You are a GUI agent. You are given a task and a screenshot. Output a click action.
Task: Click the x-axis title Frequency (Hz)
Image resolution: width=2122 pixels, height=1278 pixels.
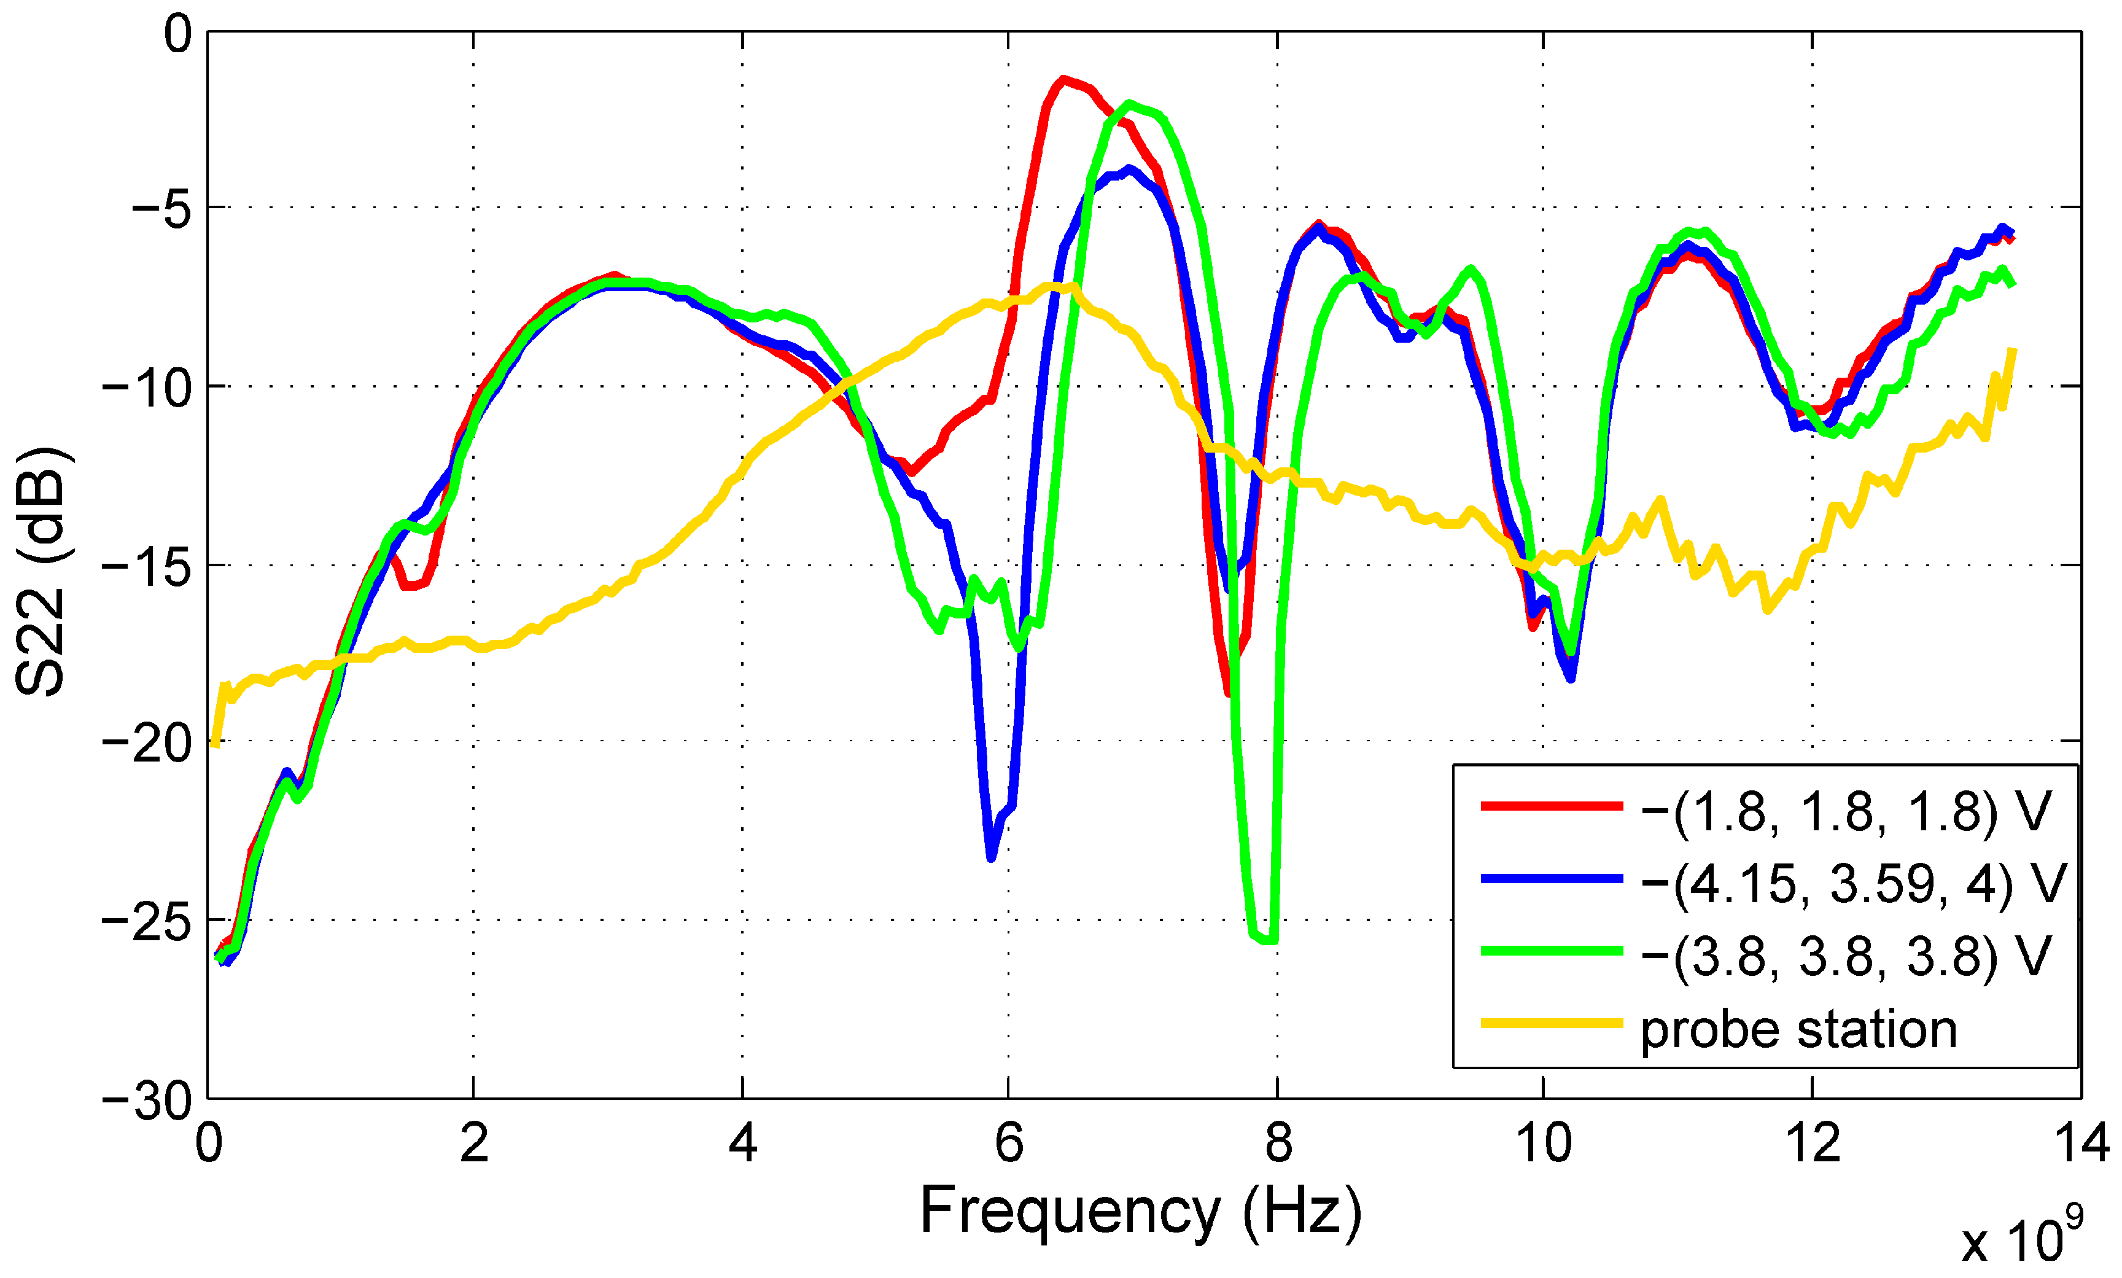point(1141,1210)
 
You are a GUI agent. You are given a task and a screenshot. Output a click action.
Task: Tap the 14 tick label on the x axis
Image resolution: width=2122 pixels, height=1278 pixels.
point(2081,1144)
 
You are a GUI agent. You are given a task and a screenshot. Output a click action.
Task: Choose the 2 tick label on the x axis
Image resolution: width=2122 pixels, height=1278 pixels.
point(473,1144)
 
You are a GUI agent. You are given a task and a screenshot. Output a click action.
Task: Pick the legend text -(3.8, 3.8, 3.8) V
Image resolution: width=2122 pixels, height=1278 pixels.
point(1846,955)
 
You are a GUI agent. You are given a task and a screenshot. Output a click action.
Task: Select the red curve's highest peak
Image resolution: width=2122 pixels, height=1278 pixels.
point(1064,79)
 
